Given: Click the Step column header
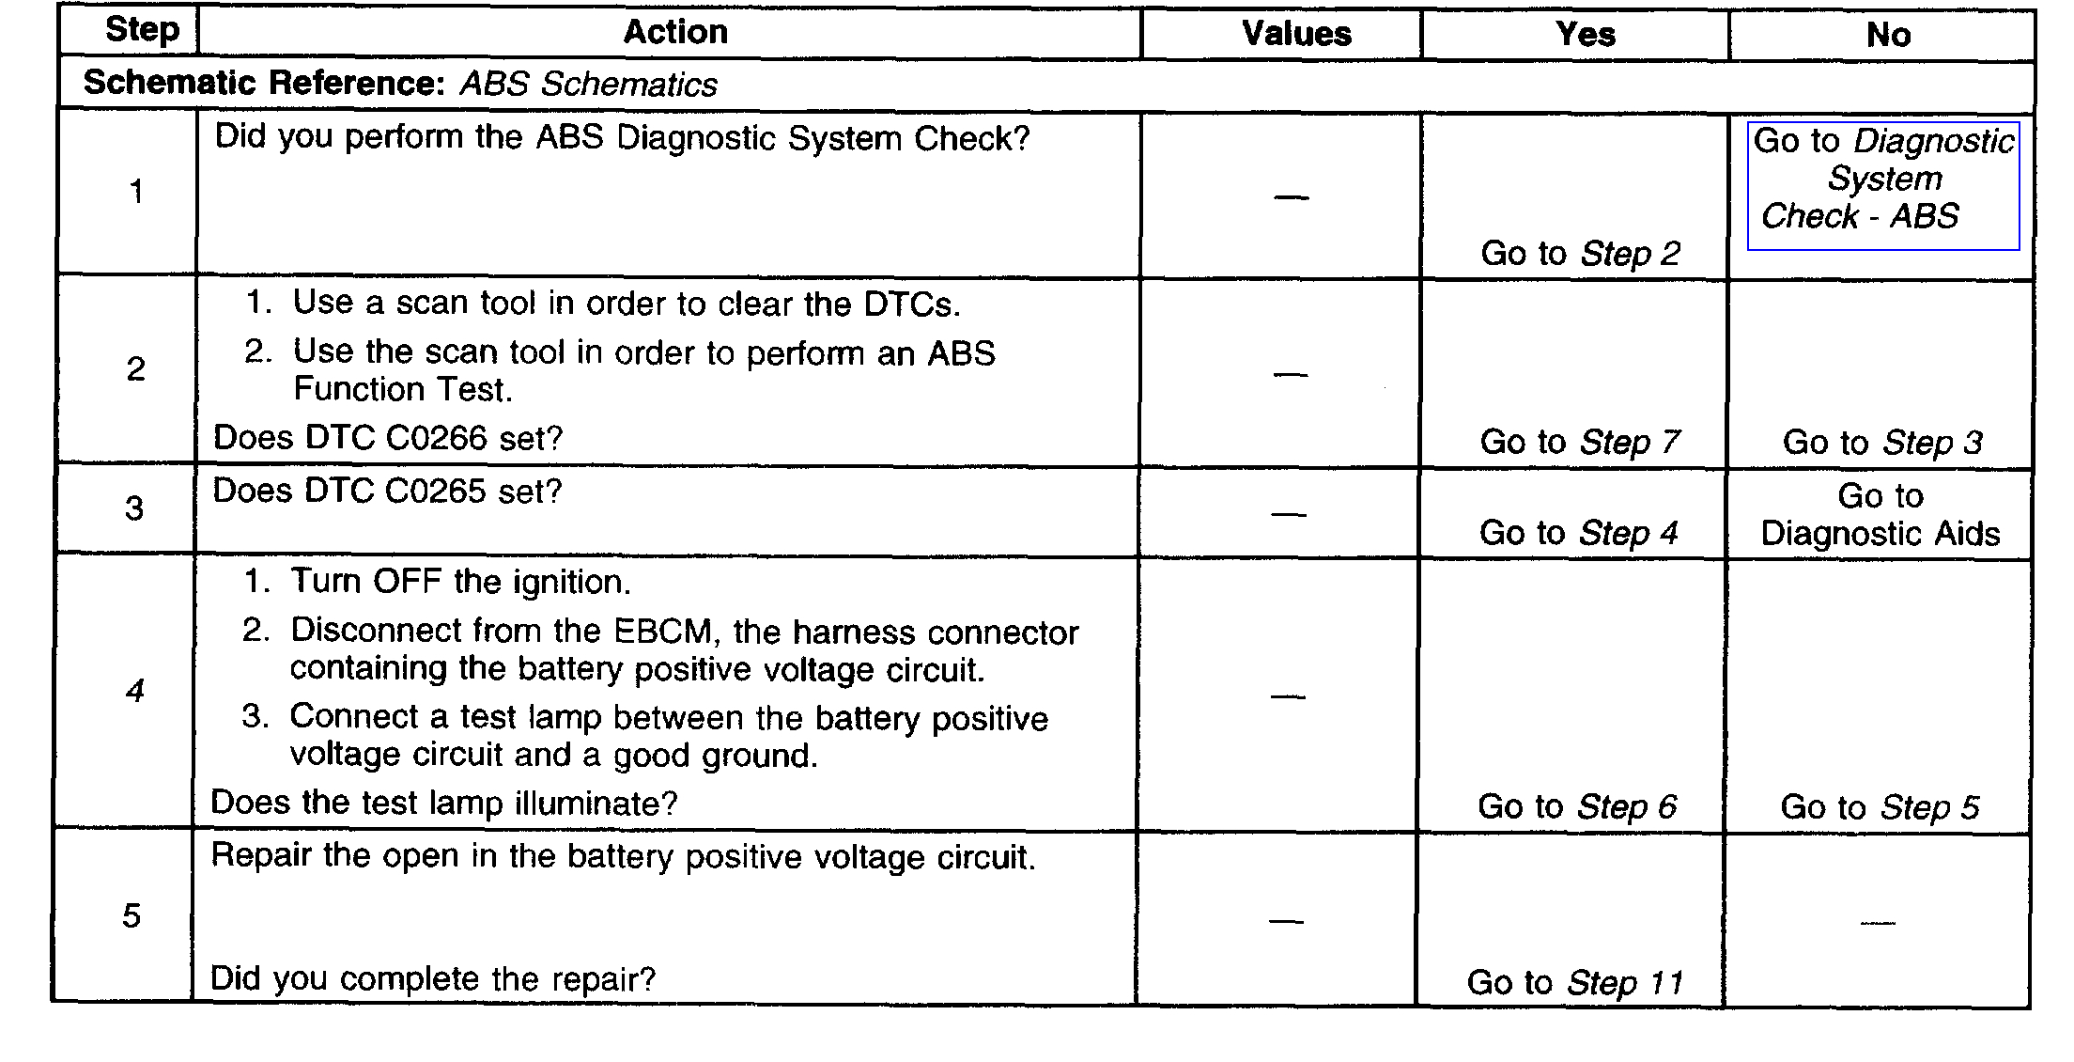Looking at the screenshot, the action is [142, 30].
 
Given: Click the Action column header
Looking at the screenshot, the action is [675, 33].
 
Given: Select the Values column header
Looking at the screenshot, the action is [1296, 35].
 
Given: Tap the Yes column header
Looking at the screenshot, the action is [1586, 36].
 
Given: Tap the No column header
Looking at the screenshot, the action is [1888, 36].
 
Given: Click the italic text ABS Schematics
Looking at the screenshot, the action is [588, 85].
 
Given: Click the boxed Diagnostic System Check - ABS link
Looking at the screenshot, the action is [1883, 179].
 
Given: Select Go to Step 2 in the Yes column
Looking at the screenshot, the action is [1580, 254].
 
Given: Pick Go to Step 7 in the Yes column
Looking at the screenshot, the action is [1580, 442].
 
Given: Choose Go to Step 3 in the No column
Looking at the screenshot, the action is [1882, 443].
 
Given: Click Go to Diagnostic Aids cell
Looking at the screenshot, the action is [1881, 515].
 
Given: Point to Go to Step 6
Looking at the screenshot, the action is [1577, 806].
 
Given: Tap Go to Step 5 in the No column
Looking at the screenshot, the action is [1880, 807].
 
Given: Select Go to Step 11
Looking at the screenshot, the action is [1575, 983].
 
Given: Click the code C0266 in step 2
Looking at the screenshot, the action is [437, 439].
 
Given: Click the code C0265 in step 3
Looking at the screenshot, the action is [436, 492].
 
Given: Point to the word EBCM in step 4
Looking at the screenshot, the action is [666, 631].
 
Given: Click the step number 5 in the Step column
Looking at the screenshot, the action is [132, 916].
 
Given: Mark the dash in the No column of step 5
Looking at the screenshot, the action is [1878, 923].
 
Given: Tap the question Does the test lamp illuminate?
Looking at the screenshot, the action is [443, 804].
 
